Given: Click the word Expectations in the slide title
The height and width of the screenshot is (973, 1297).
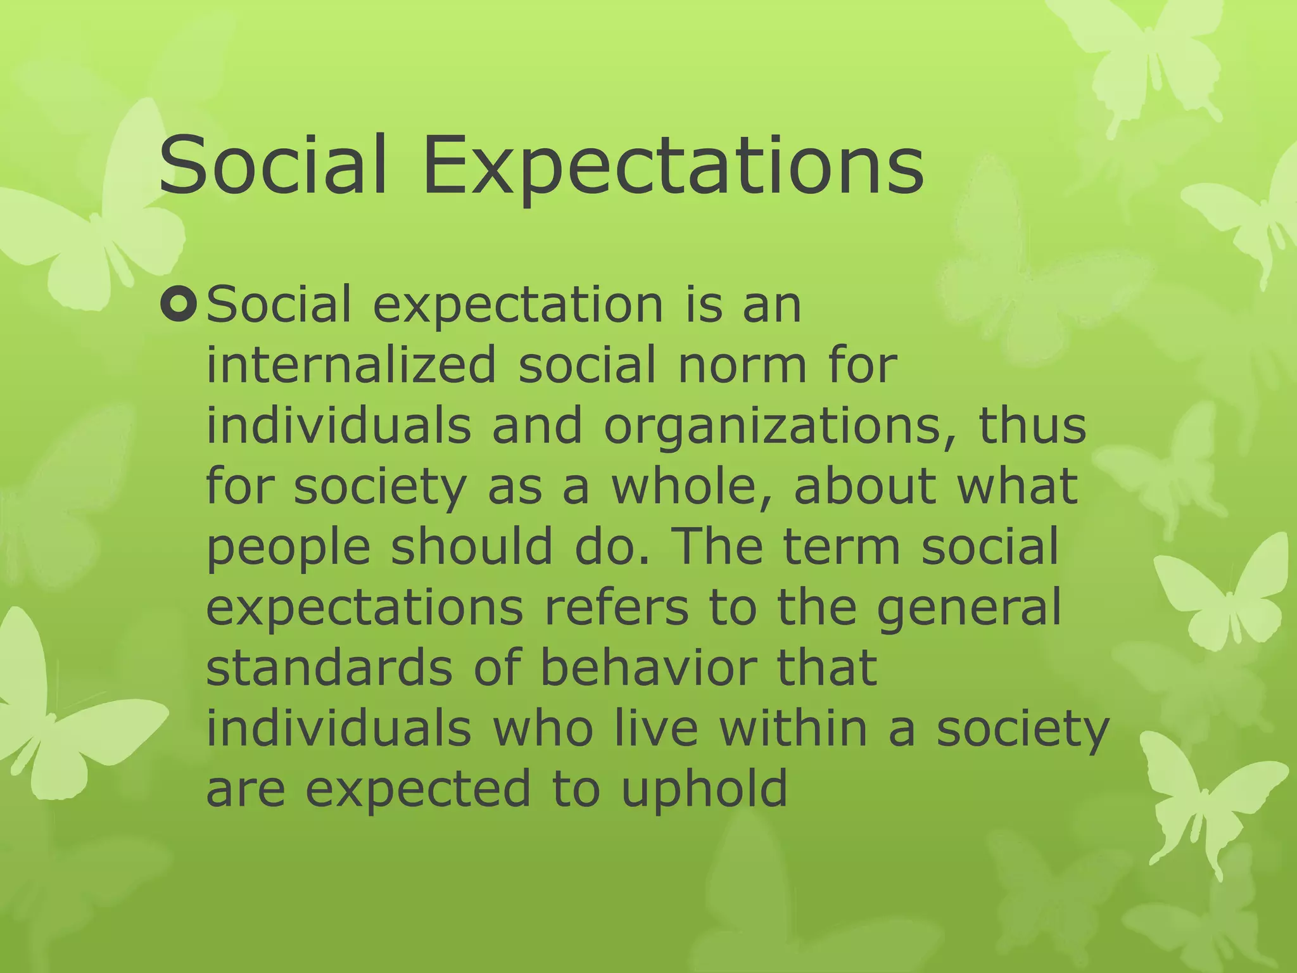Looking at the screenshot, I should coord(673,166).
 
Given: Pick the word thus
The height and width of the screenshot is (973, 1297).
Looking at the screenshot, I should coord(1032,426).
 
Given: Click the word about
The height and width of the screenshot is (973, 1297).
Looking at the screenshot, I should coord(864,486).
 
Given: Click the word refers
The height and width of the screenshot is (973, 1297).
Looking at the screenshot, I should coord(616,607).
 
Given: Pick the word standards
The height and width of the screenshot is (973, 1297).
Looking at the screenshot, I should coord(329,668).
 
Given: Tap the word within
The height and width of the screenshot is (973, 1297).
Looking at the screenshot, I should coord(793,728).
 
